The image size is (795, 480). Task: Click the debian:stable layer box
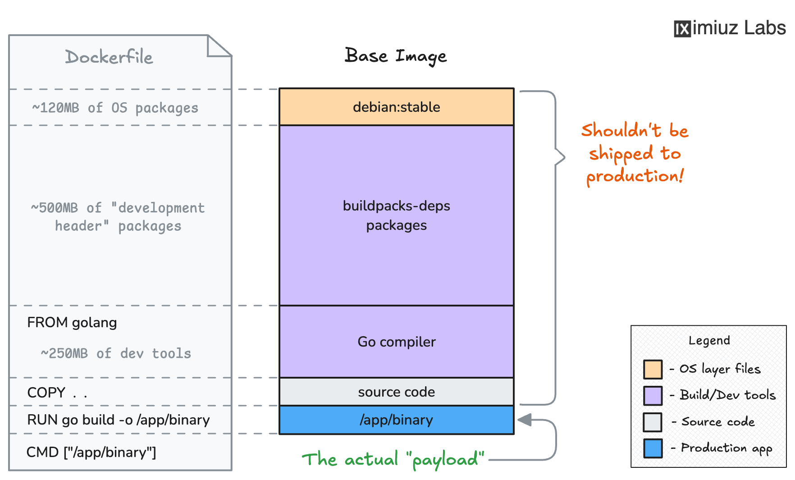click(x=396, y=107)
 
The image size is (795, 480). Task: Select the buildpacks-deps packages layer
click(x=396, y=215)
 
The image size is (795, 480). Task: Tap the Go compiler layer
click(x=396, y=342)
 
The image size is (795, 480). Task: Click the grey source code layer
click(x=396, y=392)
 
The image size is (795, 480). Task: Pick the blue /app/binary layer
click(x=396, y=420)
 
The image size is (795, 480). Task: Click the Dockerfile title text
click(x=109, y=57)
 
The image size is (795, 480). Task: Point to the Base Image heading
click(x=395, y=56)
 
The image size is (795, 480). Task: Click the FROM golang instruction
click(x=72, y=323)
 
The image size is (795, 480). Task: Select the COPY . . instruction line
click(x=57, y=393)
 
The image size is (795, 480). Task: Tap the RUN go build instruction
click(x=118, y=420)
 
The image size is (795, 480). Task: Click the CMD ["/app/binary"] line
click(x=91, y=452)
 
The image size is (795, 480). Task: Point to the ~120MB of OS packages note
click(x=115, y=108)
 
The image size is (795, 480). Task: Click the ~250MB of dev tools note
click(x=116, y=353)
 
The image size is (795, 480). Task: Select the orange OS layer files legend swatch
click(x=653, y=369)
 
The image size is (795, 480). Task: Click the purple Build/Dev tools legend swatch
click(x=653, y=395)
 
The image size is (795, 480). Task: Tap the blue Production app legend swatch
click(x=653, y=448)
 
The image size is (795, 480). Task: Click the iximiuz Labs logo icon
click(x=682, y=29)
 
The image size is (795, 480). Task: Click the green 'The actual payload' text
click(x=393, y=459)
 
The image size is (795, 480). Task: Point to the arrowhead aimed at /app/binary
click(x=525, y=420)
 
